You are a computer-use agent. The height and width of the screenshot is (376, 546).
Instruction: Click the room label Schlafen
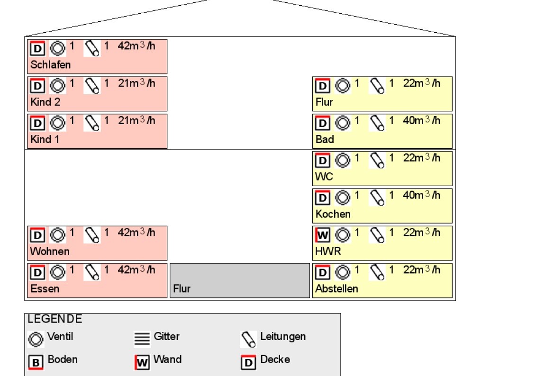50,64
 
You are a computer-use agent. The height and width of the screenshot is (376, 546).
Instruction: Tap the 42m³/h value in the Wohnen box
136,233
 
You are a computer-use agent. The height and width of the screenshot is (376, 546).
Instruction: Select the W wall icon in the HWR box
322,234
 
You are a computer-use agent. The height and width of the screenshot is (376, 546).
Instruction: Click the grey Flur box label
182,288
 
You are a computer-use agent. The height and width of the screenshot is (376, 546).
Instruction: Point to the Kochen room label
333,214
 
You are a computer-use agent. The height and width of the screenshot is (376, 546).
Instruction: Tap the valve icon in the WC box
342,160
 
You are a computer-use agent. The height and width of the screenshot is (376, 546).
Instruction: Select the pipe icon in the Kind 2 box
92,85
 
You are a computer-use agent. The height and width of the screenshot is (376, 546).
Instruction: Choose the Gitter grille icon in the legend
142,339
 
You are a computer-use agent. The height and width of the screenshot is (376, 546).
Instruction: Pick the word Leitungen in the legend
283,337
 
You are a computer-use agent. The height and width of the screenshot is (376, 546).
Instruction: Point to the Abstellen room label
337,288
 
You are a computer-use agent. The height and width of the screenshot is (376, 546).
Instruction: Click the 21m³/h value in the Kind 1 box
136,121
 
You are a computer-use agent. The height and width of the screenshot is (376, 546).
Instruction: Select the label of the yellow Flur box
324,102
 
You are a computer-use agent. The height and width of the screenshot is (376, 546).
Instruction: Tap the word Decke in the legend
275,359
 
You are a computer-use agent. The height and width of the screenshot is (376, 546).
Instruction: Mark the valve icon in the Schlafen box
57,48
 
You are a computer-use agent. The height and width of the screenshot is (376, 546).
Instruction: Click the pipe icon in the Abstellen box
377,272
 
